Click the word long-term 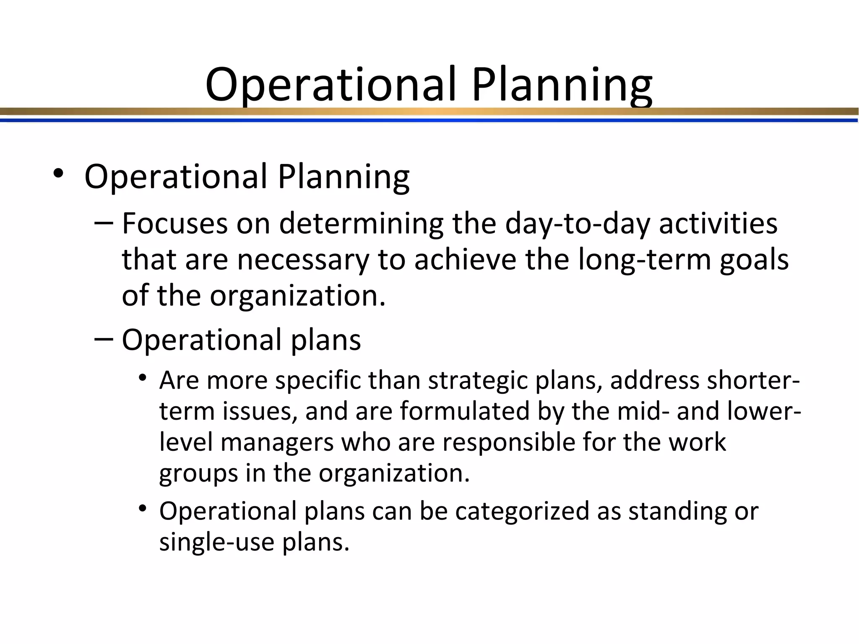tap(644, 260)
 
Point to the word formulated tap(464, 411)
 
